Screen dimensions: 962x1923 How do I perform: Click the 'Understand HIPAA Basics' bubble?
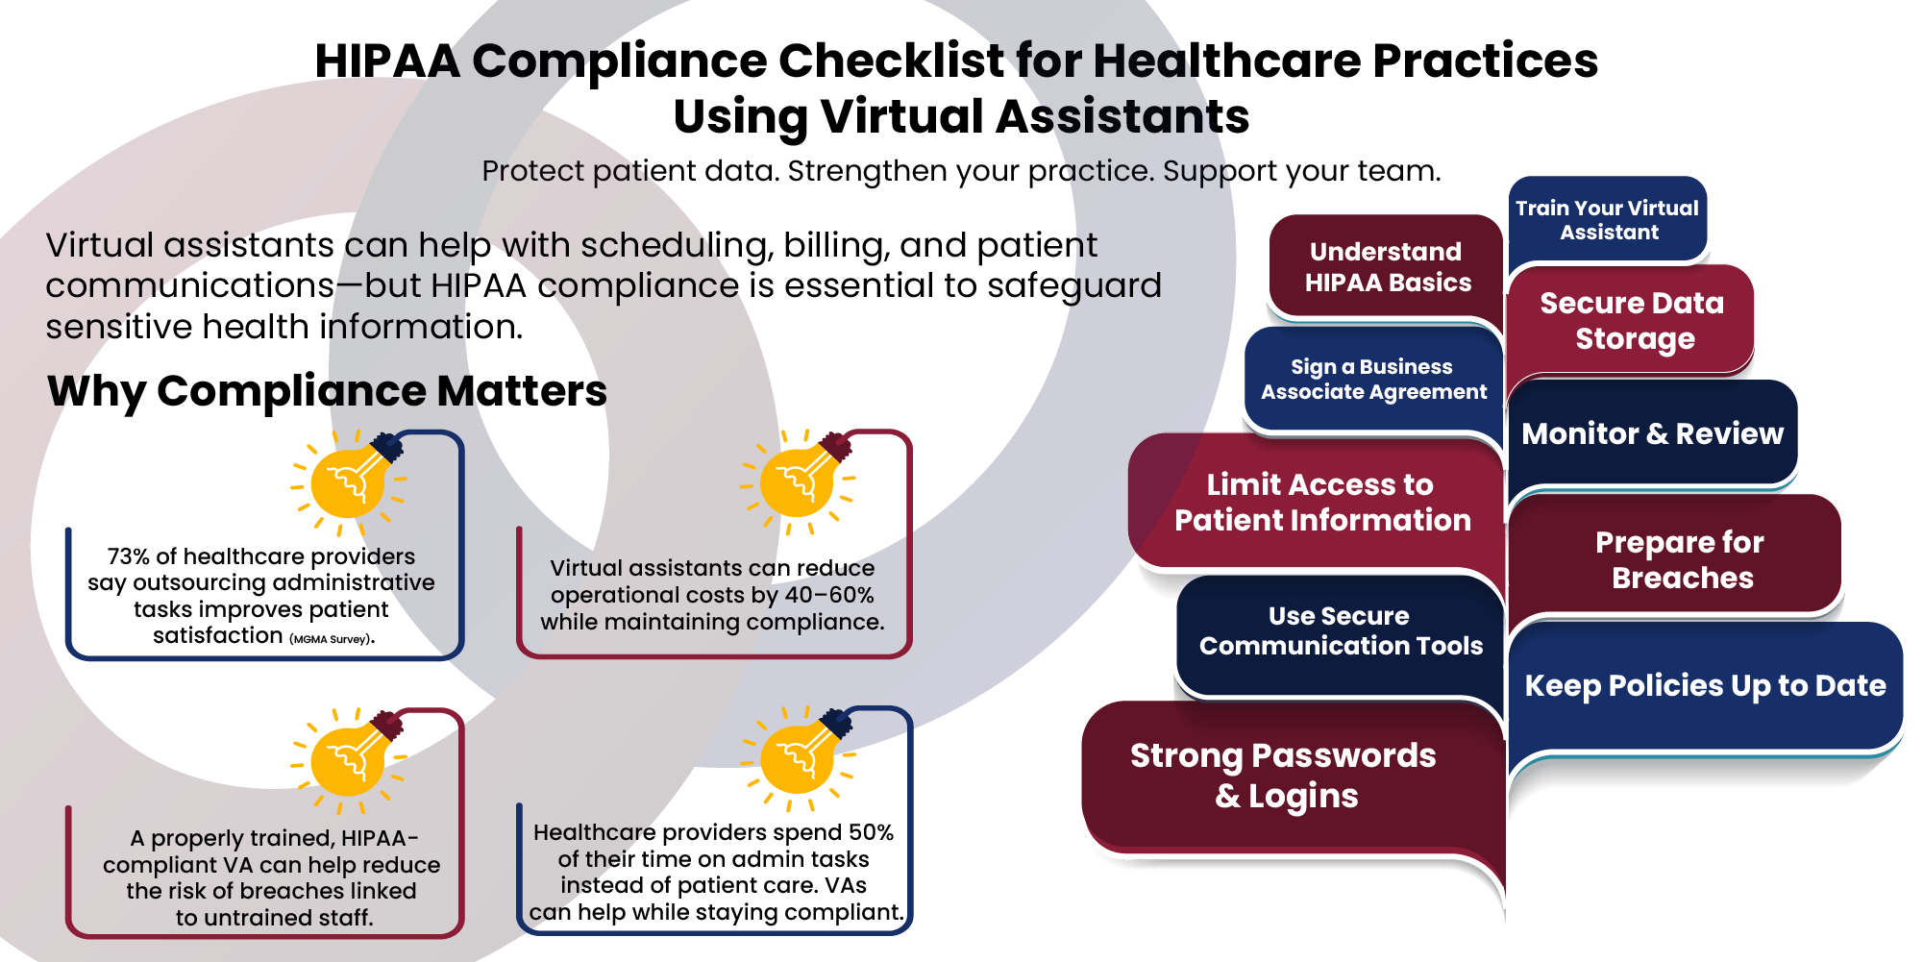1387,267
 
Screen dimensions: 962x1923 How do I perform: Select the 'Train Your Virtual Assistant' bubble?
1607,220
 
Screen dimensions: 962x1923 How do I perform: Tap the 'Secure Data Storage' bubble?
1632,321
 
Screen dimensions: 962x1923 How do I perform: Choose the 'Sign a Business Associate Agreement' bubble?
1373,380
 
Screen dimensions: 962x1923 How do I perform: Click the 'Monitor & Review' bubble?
1652,433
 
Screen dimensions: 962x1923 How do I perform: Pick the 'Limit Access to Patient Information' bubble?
1321,503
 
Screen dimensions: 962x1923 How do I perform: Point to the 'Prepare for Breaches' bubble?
1679,559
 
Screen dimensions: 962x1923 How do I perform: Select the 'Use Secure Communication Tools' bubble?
1340,631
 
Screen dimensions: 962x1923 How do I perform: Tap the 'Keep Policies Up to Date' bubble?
1705,685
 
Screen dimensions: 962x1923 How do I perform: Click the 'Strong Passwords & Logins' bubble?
1283,776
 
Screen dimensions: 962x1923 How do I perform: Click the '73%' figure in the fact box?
128,556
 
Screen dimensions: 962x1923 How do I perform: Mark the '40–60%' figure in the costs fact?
829,595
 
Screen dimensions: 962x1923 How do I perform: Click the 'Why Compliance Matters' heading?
327,391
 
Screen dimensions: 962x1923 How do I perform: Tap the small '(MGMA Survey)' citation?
331,639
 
